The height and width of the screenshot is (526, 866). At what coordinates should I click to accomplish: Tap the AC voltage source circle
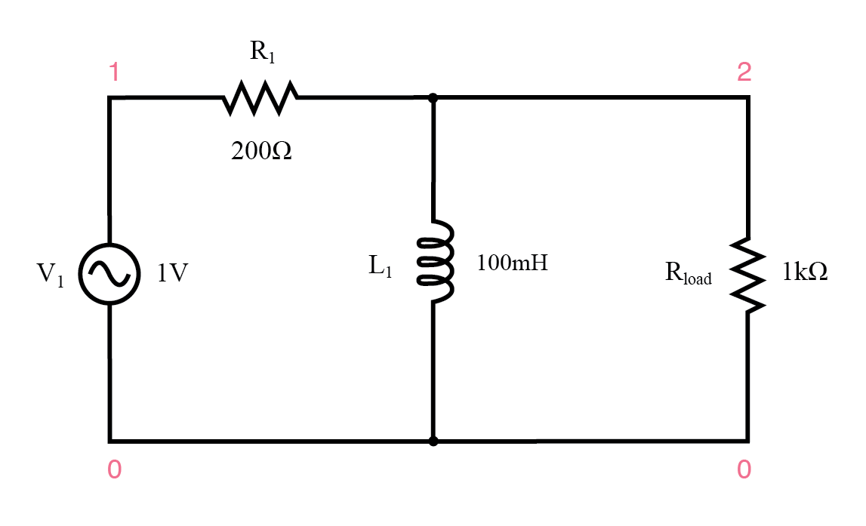[x=110, y=275]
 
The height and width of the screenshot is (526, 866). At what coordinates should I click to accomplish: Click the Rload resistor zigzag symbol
[x=748, y=275]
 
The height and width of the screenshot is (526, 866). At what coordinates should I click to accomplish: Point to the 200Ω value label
[x=261, y=152]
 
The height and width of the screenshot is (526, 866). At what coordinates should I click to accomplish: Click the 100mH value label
[x=512, y=263]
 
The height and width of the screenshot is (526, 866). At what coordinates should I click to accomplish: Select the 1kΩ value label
[x=805, y=272]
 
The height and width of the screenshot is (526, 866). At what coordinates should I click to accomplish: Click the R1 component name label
[x=263, y=54]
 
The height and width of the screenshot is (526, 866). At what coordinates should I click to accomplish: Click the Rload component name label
[x=688, y=274]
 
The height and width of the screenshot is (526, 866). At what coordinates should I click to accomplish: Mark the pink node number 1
[x=114, y=73]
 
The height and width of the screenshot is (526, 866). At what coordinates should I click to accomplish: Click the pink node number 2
[x=744, y=72]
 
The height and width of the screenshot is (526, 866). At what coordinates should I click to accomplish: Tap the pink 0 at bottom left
[x=114, y=470]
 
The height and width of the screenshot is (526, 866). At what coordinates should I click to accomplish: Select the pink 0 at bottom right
[x=744, y=470]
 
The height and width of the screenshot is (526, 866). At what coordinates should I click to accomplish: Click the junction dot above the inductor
[x=433, y=97]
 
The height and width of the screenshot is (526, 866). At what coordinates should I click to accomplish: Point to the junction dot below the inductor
[x=433, y=441]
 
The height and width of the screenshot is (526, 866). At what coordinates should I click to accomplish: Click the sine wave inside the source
[x=110, y=275]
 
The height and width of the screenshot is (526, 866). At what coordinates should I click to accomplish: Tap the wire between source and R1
[x=166, y=97]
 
